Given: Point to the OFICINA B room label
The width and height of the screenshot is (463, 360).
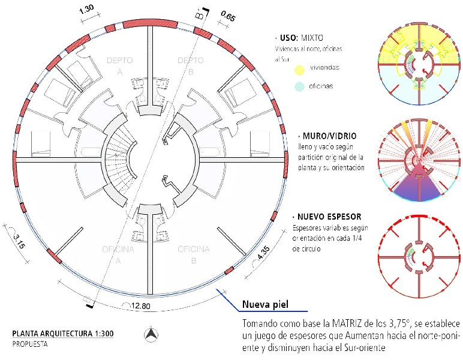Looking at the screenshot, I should tap(193, 253).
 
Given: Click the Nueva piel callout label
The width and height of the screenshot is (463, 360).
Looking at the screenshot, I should tap(265, 305).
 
